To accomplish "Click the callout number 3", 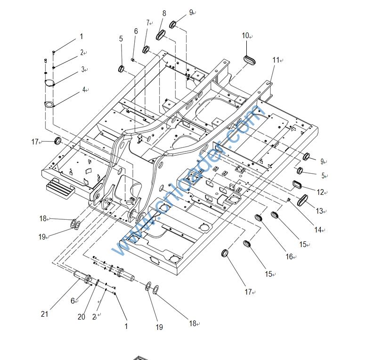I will point(82,70).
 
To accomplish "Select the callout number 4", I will point(84,89).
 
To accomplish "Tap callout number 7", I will point(147,23).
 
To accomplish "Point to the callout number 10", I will point(245,36).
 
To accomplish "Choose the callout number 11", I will point(276,60).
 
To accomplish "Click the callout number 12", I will point(320,192).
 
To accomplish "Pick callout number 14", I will point(318,230).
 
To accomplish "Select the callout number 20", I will point(81,317).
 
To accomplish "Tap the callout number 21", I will point(45,314).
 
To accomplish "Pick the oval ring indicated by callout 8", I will point(161,35).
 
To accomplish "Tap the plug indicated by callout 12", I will point(298,184).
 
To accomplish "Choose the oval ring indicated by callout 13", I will point(302,200).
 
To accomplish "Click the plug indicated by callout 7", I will point(146,49).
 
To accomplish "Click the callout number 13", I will point(320,211).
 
